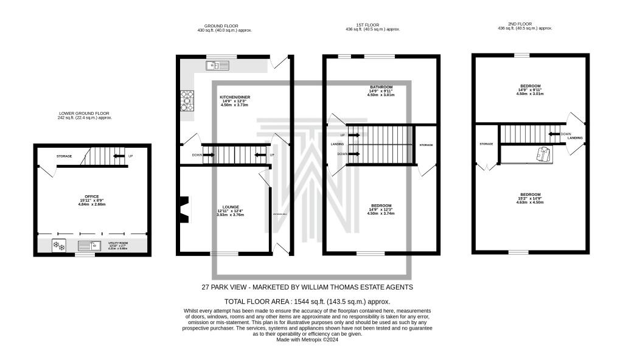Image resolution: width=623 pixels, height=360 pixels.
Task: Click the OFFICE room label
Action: pos(92,196)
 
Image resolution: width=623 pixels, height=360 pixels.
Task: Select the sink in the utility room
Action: pos(91,246)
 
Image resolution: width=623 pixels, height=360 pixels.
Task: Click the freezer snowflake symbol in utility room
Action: pos(60,246)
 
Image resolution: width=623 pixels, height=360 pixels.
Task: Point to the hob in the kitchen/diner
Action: pos(184,102)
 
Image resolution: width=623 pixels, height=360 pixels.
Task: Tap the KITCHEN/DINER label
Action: pos(235,97)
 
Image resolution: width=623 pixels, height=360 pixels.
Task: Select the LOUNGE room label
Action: pos(230,207)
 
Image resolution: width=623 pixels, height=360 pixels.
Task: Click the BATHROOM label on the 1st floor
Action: pos(380,87)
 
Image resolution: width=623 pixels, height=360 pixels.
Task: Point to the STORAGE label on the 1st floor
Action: pos(426,145)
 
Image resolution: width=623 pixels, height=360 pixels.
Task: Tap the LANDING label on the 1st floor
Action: pos(337,145)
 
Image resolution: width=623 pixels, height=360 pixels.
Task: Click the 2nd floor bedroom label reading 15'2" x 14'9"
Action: pos(529,195)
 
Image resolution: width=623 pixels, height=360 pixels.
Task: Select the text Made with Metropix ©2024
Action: pos(307,340)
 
